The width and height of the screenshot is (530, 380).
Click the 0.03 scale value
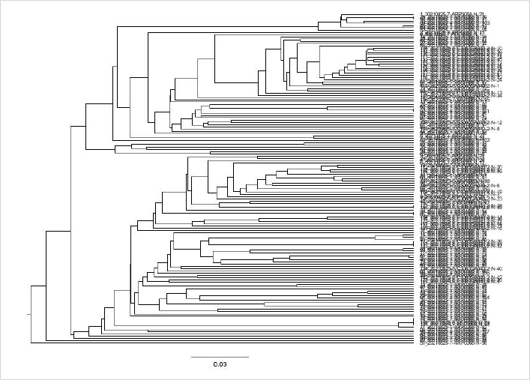[x=219, y=364]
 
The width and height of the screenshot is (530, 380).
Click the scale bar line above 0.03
[x=219, y=357]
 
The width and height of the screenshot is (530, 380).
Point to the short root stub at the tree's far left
[x=28, y=313]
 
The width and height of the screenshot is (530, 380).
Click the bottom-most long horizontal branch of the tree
[x=225, y=341]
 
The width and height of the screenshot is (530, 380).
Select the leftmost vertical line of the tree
[x=31, y=313]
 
